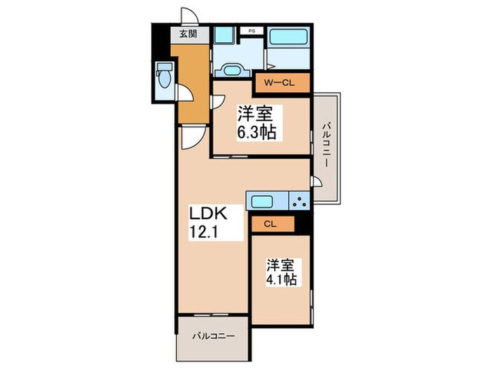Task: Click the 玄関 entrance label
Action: coord(188,34)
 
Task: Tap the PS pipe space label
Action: coord(252,31)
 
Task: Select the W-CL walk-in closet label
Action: coord(279,83)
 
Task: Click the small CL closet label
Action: coord(270,224)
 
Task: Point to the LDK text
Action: coord(208,214)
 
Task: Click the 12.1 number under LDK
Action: coord(203,233)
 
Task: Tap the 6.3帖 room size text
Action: coord(257,133)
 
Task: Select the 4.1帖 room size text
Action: coord(282,278)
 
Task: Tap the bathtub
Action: coord(288,37)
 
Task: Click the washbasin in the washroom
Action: coord(232,70)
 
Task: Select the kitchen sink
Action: coord(261,201)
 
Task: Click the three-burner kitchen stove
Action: coord(299,201)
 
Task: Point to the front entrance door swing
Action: coord(190,17)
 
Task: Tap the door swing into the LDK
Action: coord(193,138)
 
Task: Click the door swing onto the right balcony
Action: coord(316,181)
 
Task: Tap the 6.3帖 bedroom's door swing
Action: coord(218,101)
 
